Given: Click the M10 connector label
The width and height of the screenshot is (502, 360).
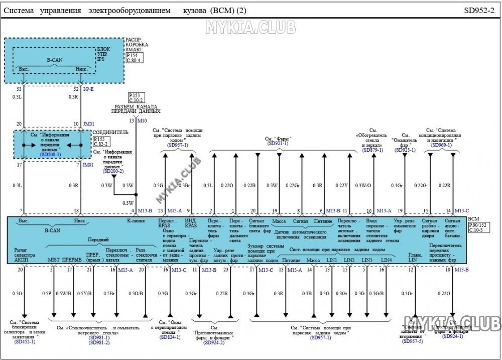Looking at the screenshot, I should pos(142,121).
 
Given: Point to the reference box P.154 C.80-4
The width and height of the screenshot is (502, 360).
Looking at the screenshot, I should pos(134,58).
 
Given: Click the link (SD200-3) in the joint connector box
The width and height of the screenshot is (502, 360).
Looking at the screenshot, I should pos(50,155).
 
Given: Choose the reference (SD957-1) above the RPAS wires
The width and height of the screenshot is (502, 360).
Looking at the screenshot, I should pos(178,145).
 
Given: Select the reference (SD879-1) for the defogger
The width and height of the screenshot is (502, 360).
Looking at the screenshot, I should pos(372,150).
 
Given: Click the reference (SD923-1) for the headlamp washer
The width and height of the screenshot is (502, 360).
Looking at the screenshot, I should pos(406,150).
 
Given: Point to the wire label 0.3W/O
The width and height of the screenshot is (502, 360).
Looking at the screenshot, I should pos(363,186).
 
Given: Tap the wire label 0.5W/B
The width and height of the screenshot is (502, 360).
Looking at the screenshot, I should pos(63,293).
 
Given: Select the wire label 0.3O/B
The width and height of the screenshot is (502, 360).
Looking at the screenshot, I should pos(136,293).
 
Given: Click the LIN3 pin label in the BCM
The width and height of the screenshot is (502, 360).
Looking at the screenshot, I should pos(367,261).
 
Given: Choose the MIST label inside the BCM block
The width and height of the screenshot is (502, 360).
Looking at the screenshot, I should pos(54,260).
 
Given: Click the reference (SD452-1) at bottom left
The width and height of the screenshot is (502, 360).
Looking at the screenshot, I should pos(25,341).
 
